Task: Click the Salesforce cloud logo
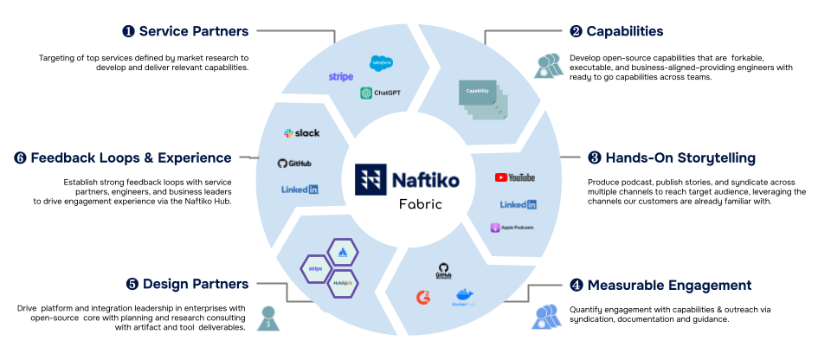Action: [x=382, y=62]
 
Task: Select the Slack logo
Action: [x=301, y=133]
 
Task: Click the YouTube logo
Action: [x=515, y=177]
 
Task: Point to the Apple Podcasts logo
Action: [x=512, y=228]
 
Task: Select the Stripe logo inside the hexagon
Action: [x=316, y=269]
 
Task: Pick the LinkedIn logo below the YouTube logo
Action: [x=518, y=204]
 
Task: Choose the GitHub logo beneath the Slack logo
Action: [x=294, y=163]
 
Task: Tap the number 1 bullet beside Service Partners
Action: [x=128, y=32]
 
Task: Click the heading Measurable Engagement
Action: [x=669, y=285]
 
